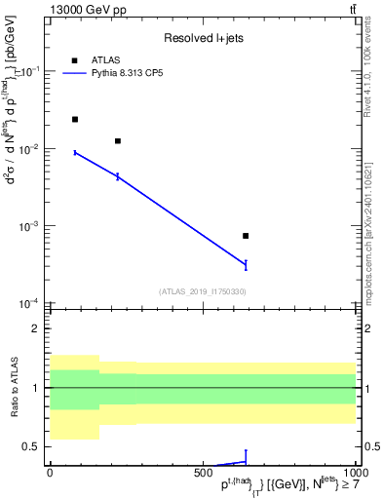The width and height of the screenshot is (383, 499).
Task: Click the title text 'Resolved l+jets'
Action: (201, 38)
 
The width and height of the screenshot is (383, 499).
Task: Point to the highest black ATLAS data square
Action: (75, 119)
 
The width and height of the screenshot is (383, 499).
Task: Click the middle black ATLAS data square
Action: (118, 141)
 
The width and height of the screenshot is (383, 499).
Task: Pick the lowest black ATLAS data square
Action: (246, 236)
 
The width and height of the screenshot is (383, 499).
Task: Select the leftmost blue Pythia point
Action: (75, 152)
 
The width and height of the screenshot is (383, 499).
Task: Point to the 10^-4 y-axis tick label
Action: (30, 303)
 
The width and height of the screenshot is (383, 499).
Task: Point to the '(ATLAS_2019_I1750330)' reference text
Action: (202, 291)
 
